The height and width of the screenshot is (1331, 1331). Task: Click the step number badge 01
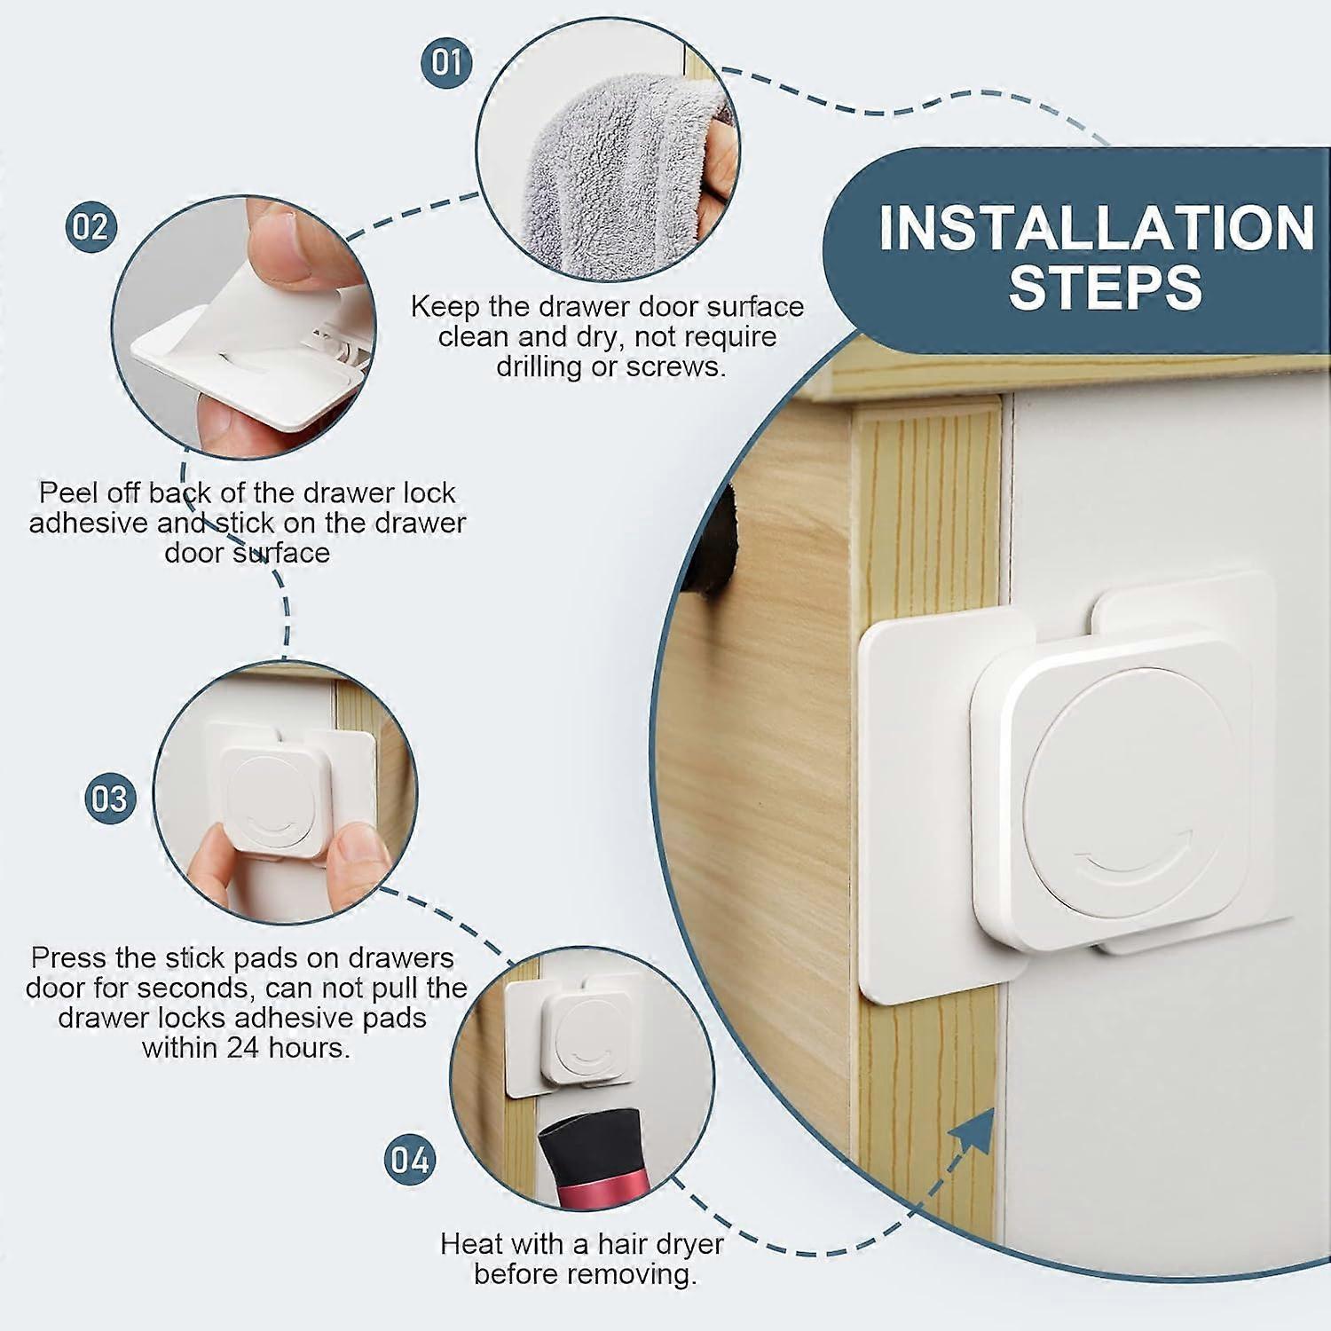[x=447, y=62]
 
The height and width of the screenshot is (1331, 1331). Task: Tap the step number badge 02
[x=91, y=227]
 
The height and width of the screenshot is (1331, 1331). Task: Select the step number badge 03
[x=110, y=799]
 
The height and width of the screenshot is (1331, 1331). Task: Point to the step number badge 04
[x=410, y=1160]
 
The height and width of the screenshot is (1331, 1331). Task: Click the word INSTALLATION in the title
[x=1097, y=227]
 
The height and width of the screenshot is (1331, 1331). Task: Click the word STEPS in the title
[x=1105, y=287]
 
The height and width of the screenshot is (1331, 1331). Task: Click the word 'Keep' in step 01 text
[x=445, y=307]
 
